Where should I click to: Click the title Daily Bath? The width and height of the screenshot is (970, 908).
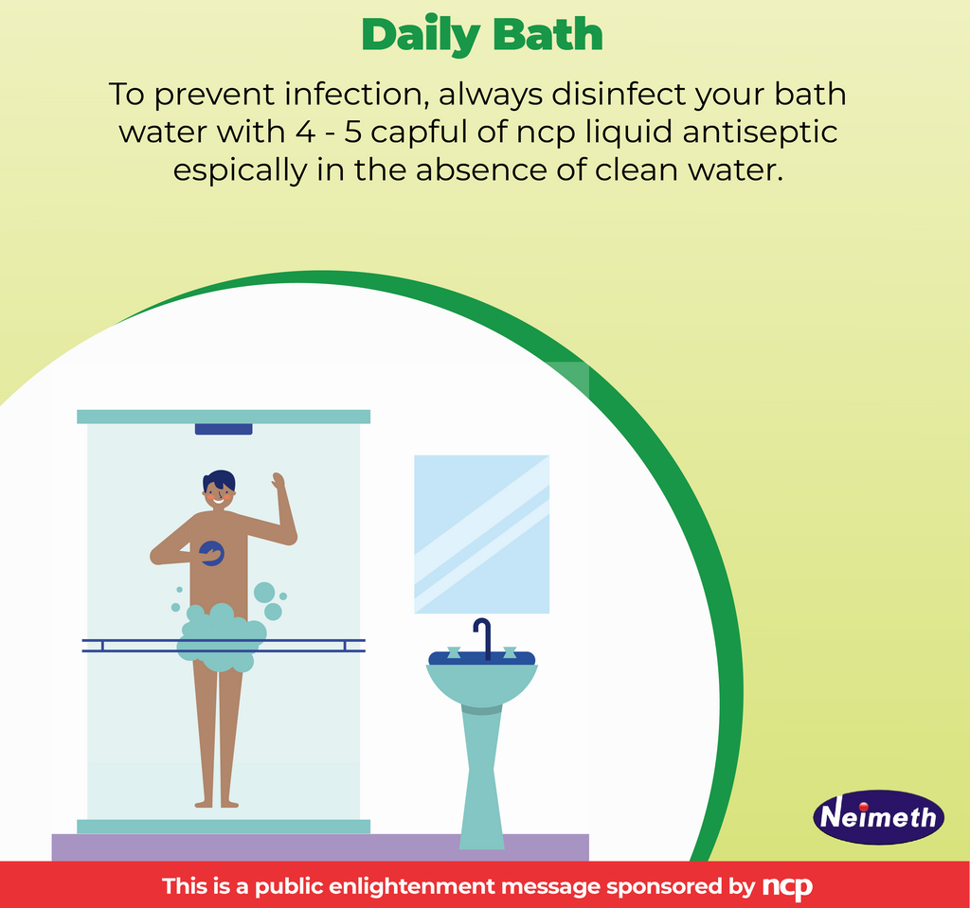click(482, 35)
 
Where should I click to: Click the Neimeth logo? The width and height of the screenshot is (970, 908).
click(878, 816)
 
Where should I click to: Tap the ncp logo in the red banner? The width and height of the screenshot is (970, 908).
click(787, 887)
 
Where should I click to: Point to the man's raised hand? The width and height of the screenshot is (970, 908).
click(278, 481)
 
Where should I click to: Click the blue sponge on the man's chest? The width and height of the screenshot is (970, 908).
click(212, 553)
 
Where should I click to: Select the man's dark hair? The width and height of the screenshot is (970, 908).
click(219, 480)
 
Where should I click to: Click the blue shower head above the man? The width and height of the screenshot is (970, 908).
click(224, 429)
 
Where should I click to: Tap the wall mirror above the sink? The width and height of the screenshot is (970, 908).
click(481, 534)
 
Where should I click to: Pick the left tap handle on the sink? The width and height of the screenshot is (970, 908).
click(454, 652)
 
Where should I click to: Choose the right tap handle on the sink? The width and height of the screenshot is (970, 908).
click(510, 652)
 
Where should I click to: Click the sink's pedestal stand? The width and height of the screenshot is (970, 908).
click(481, 776)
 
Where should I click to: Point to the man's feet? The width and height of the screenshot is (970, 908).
click(217, 803)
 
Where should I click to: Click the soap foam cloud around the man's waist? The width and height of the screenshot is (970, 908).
click(221, 638)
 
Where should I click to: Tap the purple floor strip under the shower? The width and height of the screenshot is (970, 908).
click(319, 846)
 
